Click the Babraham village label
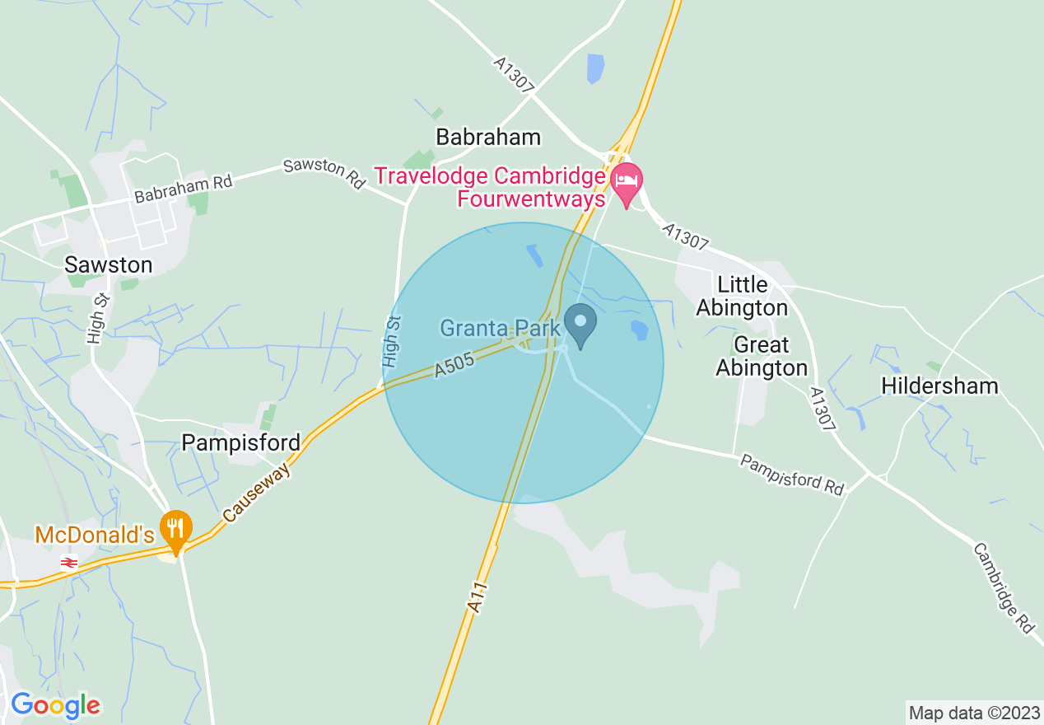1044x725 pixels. [x=488, y=137]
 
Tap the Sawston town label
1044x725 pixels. [x=110, y=264]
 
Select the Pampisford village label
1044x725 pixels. [x=240, y=442]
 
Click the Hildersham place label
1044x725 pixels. [x=939, y=386]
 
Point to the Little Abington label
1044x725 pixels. [x=742, y=297]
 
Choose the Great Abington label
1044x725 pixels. [x=761, y=356]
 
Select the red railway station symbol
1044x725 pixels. [x=69, y=563]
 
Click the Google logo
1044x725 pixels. [x=55, y=705]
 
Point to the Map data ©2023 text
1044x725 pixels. [x=973, y=712]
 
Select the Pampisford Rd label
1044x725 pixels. [x=791, y=474]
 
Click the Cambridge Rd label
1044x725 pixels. [x=1003, y=588]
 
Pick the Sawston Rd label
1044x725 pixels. [x=324, y=174]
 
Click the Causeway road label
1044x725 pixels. [x=257, y=492]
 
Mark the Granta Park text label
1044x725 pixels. [x=500, y=329]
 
